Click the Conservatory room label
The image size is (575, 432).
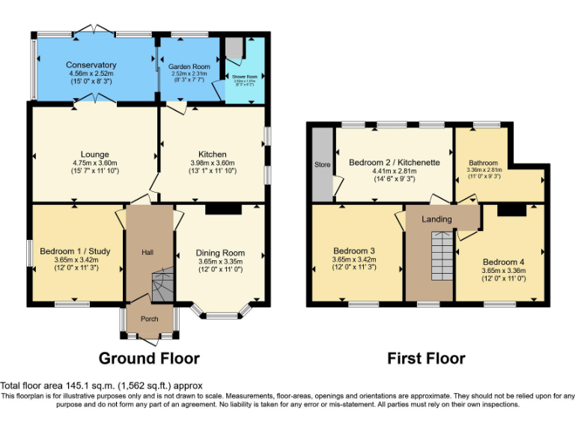(91, 65)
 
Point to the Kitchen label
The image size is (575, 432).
(212, 154)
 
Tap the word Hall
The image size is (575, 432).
(147, 252)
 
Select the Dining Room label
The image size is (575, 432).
(220, 253)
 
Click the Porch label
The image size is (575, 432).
(149, 319)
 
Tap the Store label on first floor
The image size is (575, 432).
(323, 164)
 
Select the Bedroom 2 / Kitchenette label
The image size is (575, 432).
(394, 162)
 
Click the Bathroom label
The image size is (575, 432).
(483, 162)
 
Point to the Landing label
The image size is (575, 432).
(437, 219)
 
